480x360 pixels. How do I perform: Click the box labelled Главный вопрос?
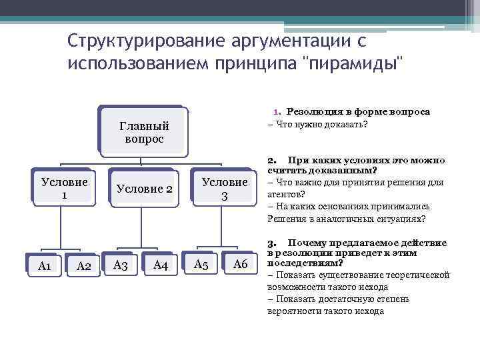pyautogui.click(x=143, y=133)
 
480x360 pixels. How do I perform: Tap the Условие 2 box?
pyautogui.click(x=144, y=189)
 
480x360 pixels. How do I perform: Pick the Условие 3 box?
pyautogui.click(x=225, y=189)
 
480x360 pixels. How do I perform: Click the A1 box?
pyautogui.click(x=45, y=266)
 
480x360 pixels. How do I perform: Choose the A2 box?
pyautogui.click(x=84, y=266)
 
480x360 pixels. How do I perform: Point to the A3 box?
pyautogui.click(x=121, y=265)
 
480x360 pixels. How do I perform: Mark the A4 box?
pyautogui.click(x=160, y=265)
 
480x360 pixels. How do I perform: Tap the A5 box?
pyautogui.click(x=201, y=265)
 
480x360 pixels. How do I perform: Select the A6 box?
pyautogui.click(x=240, y=265)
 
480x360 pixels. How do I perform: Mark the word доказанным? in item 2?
pyautogui.click(x=341, y=171)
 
